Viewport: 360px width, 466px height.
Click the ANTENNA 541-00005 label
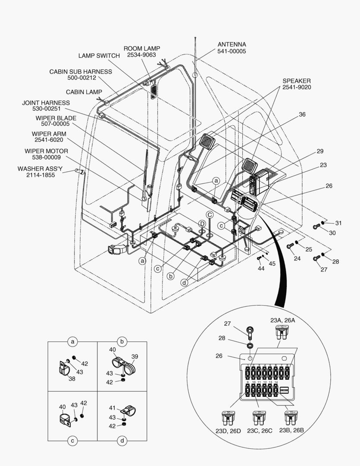pos(232,48)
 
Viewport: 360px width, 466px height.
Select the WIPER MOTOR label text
pos(46,151)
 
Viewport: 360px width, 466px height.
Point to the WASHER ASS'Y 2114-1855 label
pos(36,172)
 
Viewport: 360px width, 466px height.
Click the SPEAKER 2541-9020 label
pos(296,84)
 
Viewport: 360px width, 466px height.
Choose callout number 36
pos(302,114)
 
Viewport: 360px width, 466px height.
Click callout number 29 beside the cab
pos(319,151)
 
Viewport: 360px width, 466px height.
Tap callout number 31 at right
pos(338,223)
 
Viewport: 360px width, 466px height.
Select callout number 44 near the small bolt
pos(261,268)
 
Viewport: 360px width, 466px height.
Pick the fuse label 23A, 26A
pos(283,320)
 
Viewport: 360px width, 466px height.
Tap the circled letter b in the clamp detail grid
pos(122,342)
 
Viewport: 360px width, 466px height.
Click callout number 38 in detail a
pos(72,378)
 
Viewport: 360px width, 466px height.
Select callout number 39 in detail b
pos(135,356)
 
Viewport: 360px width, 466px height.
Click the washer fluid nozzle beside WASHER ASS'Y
pos(79,171)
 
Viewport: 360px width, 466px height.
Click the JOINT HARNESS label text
pos(46,103)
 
